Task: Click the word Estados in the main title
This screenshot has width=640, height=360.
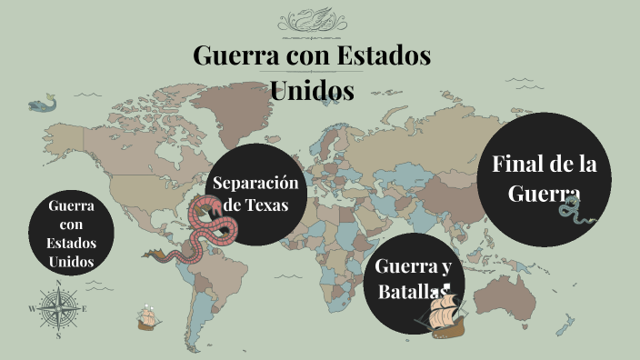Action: point(384,55)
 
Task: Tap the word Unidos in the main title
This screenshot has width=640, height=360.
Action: point(312,90)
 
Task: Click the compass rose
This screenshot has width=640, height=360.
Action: point(58,308)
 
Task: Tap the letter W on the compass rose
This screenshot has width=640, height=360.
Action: point(33,309)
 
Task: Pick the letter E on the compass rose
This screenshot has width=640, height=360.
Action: point(85,309)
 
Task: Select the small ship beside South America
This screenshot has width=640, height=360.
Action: point(146,316)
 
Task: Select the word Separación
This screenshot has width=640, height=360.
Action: point(255,183)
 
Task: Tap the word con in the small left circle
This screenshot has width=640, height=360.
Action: point(71,225)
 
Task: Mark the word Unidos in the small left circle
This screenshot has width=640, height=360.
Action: point(71,262)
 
